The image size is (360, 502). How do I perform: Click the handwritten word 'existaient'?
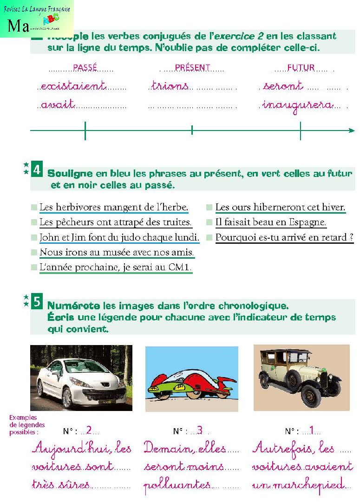point(73,86)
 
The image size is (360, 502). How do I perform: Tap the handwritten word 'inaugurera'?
point(298,105)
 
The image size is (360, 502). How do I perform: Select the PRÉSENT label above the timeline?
point(192,67)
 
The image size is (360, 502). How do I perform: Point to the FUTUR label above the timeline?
point(301,67)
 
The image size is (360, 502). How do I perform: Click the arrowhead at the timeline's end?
point(352,130)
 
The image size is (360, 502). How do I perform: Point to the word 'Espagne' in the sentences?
point(308,222)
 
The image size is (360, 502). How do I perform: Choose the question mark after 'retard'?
point(351,237)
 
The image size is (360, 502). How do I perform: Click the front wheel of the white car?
point(67,397)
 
